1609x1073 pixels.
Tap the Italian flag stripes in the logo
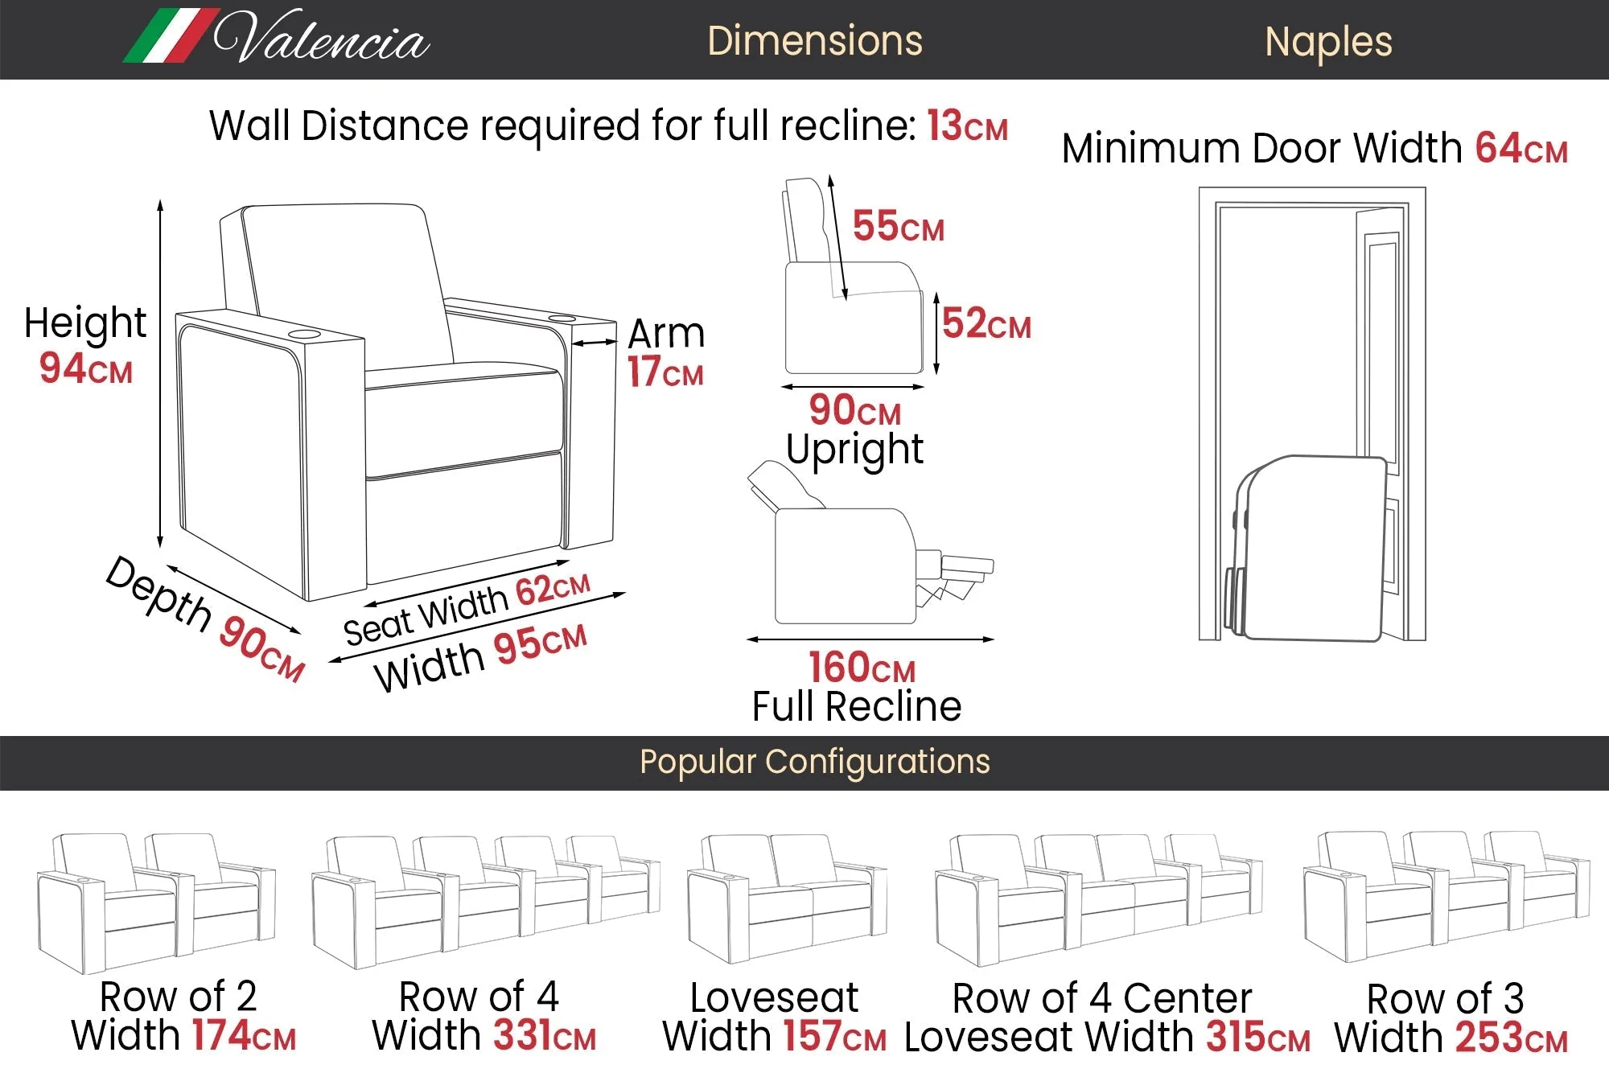[x=171, y=36]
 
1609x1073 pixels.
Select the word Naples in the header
[x=1328, y=42]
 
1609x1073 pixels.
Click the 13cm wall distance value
[x=967, y=126]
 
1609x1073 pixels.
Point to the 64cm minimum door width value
[x=1521, y=149]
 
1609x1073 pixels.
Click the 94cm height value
[x=85, y=368]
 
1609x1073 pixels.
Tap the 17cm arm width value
[x=665, y=372]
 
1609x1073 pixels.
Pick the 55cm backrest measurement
[x=898, y=226]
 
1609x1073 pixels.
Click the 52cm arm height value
[x=986, y=323]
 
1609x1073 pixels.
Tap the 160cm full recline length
[x=862, y=668]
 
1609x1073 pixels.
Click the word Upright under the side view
[x=854, y=450]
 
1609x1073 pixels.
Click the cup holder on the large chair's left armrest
[x=304, y=334]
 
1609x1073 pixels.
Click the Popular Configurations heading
[x=814, y=762]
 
